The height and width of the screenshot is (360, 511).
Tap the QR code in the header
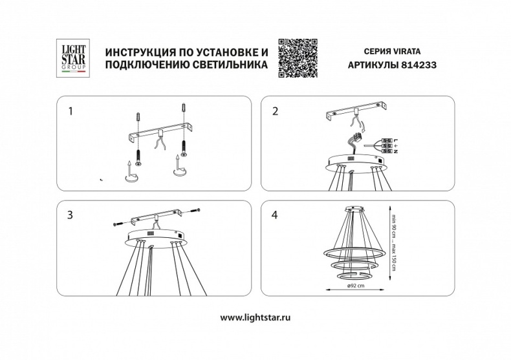tap(296, 57)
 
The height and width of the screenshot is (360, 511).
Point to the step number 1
tap(71, 112)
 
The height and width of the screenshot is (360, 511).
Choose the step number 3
tap(71, 216)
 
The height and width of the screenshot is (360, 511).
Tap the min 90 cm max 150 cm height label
tap(393, 244)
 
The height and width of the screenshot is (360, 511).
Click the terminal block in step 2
tap(388, 145)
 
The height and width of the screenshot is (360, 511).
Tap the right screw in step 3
tap(195, 211)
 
